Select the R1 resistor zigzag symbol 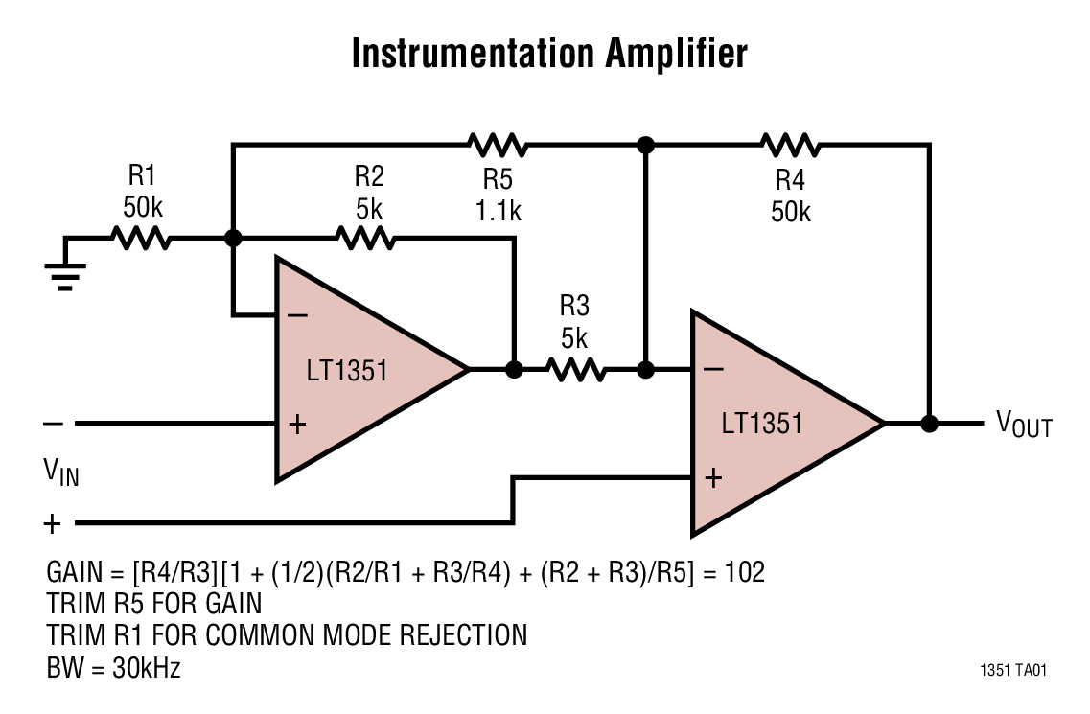coord(141,239)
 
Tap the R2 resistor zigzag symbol coord(366,239)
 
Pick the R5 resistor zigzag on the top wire coord(498,146)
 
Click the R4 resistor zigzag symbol coord(790,146)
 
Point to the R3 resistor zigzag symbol coord(575,369)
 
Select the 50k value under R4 coord(790,211)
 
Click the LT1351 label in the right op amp coord(762,423)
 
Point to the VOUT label coord(1023,424)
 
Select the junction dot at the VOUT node coord(928,423)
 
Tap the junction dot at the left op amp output coord(514,369)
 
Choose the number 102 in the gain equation coord(744,572)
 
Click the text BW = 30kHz coord(113,667)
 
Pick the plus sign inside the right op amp coord(712,477)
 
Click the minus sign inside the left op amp coord(297,314)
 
